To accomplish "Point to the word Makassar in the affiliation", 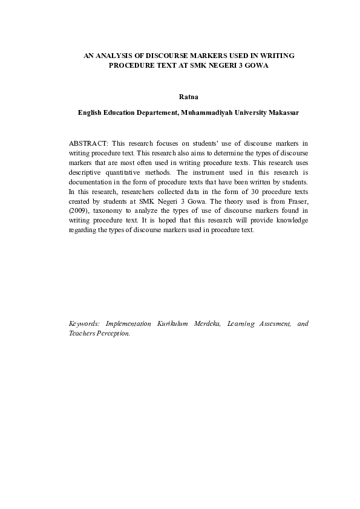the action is pyautogui.click(x=283, y=112).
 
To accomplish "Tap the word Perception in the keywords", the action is pyautogui.click(x=113, y=334).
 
